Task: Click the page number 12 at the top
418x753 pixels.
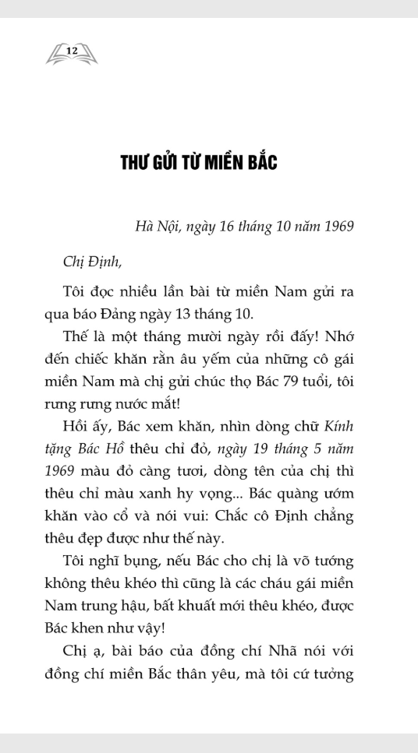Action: click(73, 51)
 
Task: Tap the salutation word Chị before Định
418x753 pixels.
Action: click(75, 261)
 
